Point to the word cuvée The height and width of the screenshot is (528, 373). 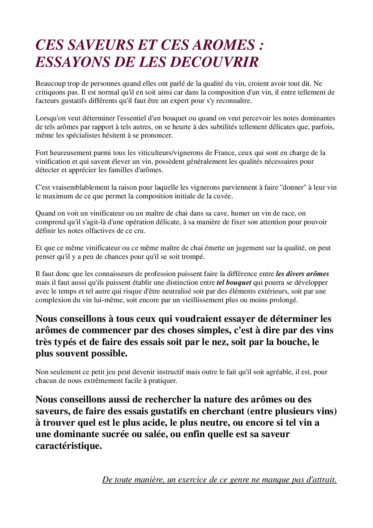coord(223,196)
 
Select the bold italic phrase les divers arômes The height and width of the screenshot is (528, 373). coord(302,274)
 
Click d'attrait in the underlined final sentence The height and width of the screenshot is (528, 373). coord(321,480)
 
